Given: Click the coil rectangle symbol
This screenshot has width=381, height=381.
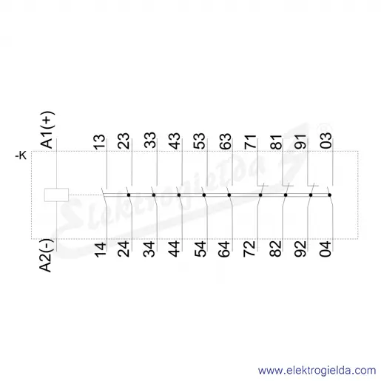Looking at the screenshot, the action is (56, 195).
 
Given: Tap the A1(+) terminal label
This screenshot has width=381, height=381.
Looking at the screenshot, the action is (47, 130).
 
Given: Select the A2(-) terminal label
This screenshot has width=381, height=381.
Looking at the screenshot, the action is (46, 255).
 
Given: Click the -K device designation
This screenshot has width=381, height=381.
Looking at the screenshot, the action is (21, 155).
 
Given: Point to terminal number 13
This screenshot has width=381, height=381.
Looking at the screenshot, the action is (100, 142).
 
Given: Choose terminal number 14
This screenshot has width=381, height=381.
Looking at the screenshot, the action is (101, 250).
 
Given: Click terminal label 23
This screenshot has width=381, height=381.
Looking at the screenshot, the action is (124, 141).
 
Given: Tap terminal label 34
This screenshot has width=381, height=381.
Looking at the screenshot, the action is (149, 249).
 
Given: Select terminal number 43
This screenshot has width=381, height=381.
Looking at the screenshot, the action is (175, 141).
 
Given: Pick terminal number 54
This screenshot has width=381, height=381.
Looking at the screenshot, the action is (200, 249).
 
